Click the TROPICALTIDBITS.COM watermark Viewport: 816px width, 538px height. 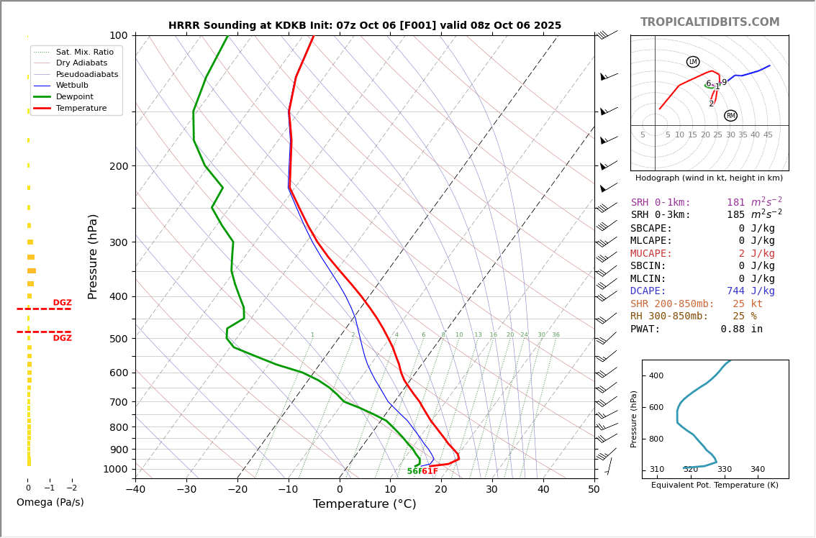point(710,22)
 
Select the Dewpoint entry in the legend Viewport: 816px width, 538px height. point(74,96)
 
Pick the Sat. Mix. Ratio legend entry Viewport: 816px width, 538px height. point(84,52)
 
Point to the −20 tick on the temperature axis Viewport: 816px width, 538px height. point(237,490)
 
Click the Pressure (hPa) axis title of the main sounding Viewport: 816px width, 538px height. point(93,256)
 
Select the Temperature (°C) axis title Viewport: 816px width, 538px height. point(364,504)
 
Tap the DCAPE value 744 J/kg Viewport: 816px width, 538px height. point(751,291)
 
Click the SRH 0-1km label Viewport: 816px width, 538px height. point(661,203)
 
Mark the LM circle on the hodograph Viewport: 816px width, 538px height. point(693,62)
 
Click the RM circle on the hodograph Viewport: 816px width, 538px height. point(730,116)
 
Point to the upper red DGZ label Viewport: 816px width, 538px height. point(62,303)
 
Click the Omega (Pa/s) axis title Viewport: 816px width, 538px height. point(50,502)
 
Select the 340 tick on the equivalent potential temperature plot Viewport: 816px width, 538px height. point(758,470)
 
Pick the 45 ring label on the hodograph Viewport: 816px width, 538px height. point(768,135)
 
